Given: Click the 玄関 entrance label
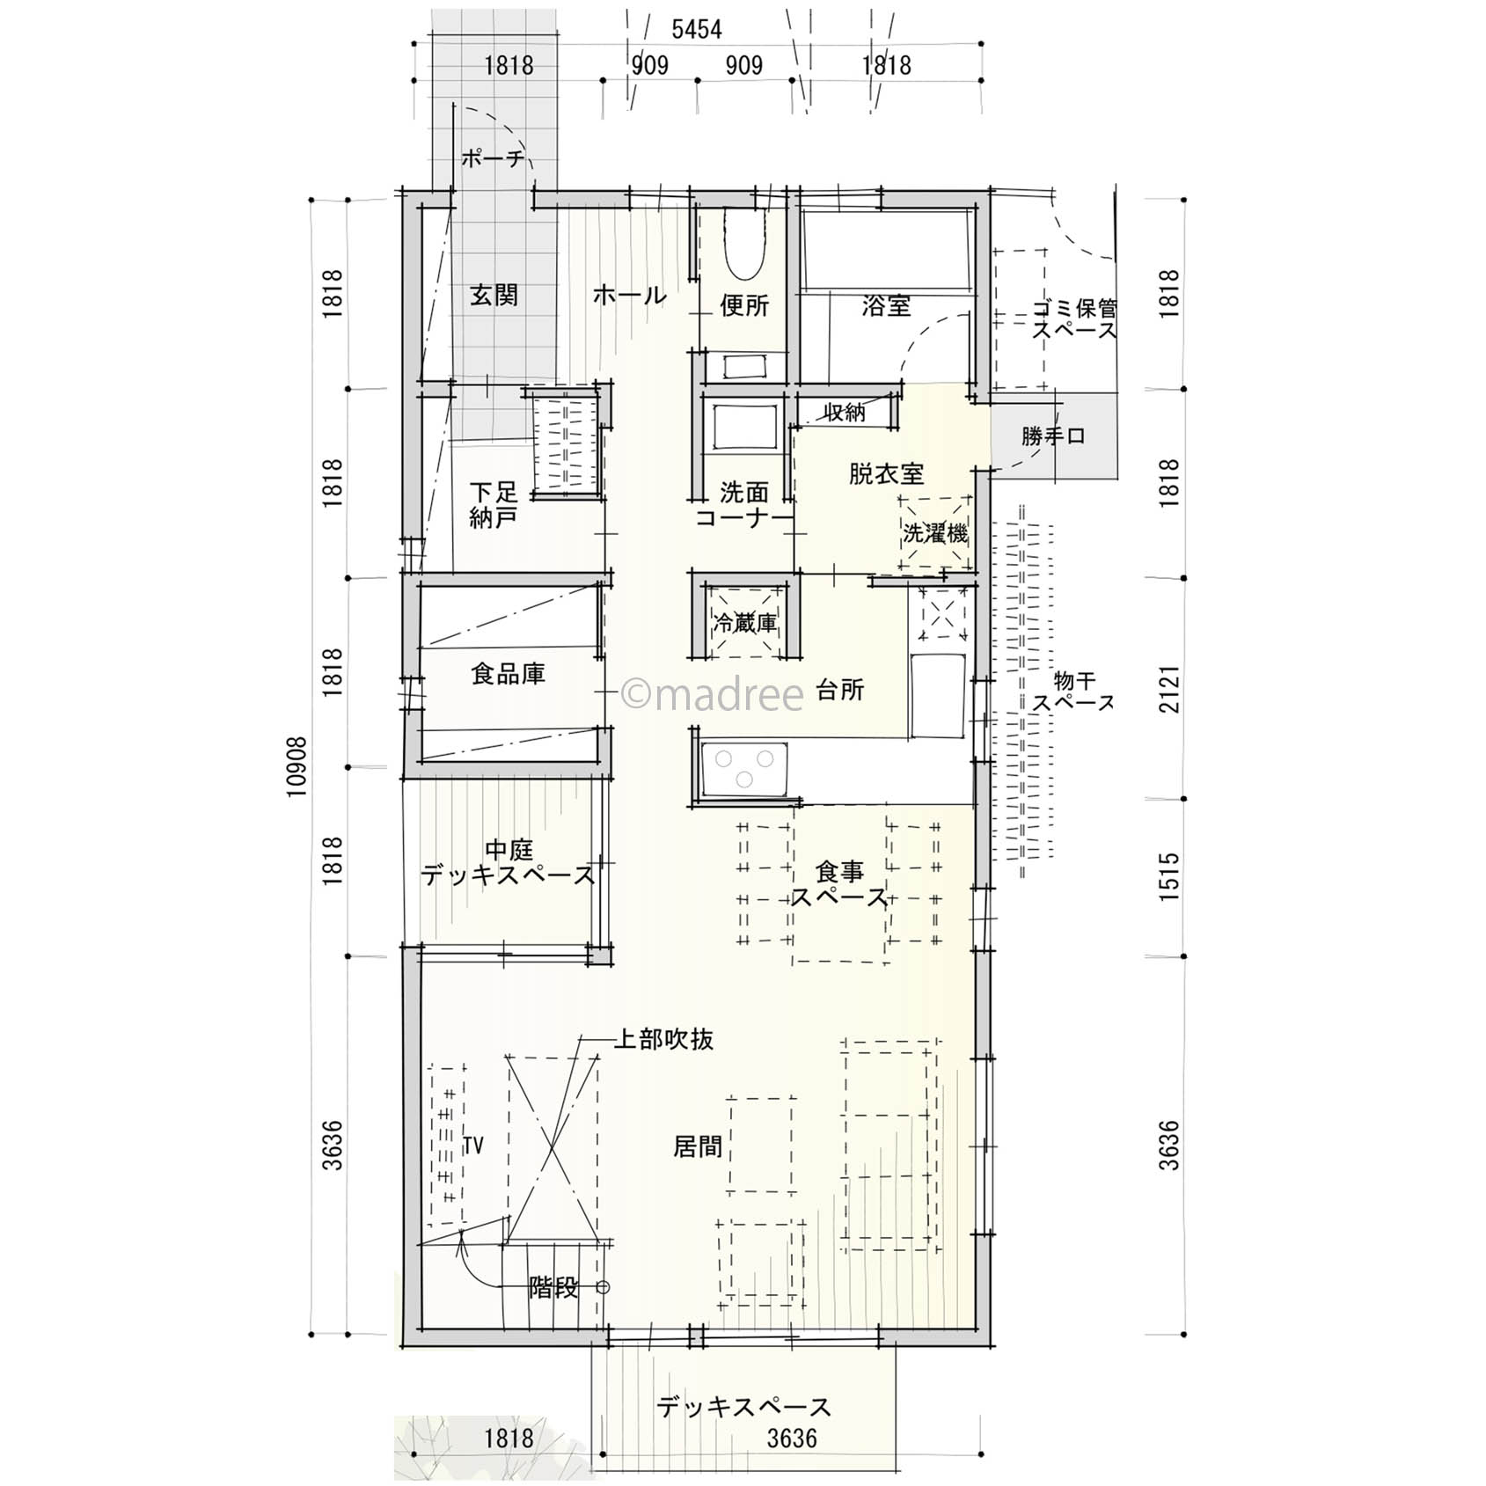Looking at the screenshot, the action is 494,295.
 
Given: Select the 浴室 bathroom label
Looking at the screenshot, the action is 886,306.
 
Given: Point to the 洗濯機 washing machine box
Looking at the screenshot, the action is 935,533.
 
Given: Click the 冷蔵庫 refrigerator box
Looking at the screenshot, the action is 745,623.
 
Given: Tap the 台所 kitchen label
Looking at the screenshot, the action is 839,690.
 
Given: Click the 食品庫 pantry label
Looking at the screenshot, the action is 508,675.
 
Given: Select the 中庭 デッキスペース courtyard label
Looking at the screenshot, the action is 509,863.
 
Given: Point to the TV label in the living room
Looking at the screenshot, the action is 473,1145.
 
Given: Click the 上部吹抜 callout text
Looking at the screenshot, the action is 663,1039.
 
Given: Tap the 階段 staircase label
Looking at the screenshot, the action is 553,1287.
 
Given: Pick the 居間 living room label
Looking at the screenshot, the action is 698,1146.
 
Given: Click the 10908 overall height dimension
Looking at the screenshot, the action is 298,766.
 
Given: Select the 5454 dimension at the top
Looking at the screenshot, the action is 697,30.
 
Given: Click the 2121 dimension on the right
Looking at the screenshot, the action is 1168,688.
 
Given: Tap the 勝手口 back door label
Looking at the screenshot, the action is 1053,436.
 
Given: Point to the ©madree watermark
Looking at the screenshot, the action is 713,694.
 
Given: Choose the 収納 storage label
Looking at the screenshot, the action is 845,412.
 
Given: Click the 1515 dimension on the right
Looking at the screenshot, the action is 1168,876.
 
